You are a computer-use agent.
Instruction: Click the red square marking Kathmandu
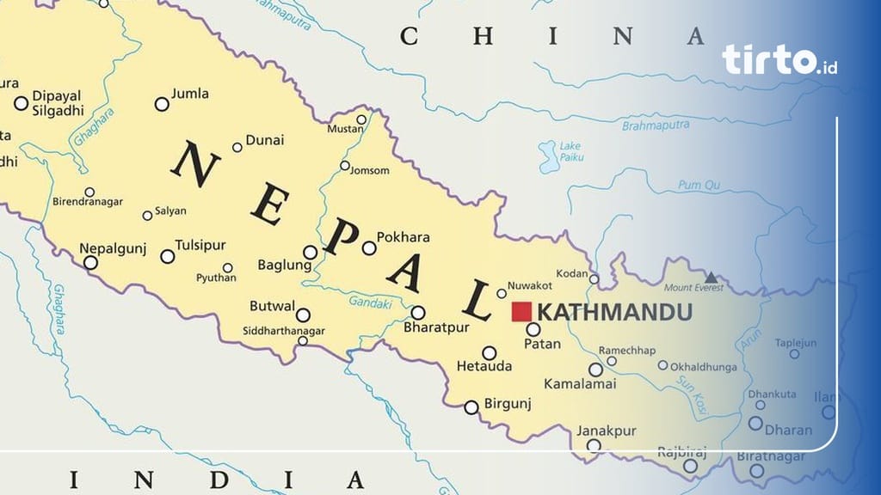[521, 312]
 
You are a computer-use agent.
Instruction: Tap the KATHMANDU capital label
[613, 312]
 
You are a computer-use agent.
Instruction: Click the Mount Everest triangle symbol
[711, 277]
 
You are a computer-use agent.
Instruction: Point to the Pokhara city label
[404, 237]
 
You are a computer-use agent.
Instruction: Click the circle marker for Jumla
[162, 104]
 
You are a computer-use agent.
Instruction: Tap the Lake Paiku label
[570, 151]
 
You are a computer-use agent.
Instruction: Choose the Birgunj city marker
[471, 407]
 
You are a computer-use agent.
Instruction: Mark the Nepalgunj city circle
[90, 263]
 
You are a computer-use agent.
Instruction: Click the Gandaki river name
[370, 302]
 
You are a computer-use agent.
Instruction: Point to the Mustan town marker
[361, 119]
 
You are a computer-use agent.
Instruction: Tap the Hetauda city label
[484, 367]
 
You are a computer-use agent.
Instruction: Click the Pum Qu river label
[699, 185]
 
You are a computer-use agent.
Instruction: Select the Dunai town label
[264, 140]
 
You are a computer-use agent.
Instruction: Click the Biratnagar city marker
[757, 470]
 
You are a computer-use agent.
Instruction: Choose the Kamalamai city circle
[595, 370]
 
